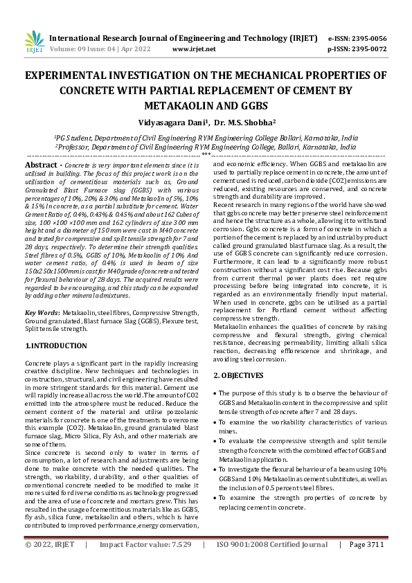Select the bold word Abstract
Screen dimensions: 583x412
[41, 165]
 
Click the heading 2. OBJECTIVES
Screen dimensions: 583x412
[238, 375]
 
